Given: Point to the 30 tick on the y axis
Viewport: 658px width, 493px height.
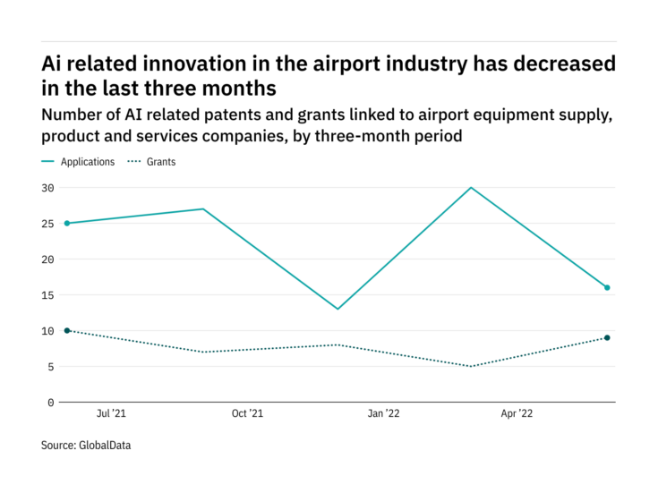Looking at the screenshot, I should click(x=47, y=188).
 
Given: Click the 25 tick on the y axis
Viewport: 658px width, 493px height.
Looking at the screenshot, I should click(x=47, y=224).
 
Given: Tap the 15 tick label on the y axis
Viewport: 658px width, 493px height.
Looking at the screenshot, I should click(x=47, y=295).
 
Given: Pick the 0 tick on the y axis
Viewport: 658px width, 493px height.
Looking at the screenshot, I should click(x=50, y=403).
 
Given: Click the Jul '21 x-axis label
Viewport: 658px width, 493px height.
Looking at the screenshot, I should click(x=111, y=414).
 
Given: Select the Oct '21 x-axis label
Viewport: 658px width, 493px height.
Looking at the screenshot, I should click(x=247, y=414).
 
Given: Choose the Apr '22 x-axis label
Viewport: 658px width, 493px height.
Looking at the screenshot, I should click(x=518, y=414).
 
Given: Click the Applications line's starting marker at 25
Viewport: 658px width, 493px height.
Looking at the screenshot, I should click(x=67, y=224).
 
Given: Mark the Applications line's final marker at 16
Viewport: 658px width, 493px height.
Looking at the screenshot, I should click(x=607, y=288).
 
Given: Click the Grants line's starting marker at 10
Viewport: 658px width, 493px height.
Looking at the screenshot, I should click(x=67, y=331).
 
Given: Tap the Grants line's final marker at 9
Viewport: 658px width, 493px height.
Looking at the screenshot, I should click(x=607, y=338).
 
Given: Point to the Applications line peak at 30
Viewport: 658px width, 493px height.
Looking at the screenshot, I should click(x=471, y=188).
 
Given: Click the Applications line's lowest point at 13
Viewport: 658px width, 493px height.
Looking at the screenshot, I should click(x=338, y=310).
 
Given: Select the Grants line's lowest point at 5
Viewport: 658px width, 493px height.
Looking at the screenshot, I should click(x=471, y=367).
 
